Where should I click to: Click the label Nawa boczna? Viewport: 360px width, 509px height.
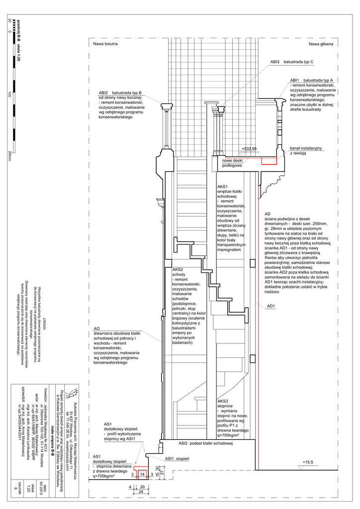tap(105, 44)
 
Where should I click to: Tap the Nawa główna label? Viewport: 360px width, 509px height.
tap(321, 44)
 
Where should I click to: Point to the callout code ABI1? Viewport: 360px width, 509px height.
tap(295, 80)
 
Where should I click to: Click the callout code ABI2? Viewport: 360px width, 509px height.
tap(103, 92)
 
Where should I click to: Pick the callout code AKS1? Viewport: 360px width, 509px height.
tap(223, 186)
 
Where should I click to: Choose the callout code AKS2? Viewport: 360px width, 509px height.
tap(178, 269)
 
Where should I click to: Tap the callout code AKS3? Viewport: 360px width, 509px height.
tap(223, 401)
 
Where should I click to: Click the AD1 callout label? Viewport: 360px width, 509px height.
tap(271, 306)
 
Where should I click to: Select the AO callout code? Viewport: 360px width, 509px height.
tap(97, 329)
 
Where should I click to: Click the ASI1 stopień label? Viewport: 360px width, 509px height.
tap(177, 458)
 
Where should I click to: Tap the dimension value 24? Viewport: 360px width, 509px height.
tap(142, 492)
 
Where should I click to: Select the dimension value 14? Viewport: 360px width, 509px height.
tap(142, 475)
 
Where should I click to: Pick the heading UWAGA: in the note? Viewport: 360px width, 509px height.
tap(44, 322)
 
